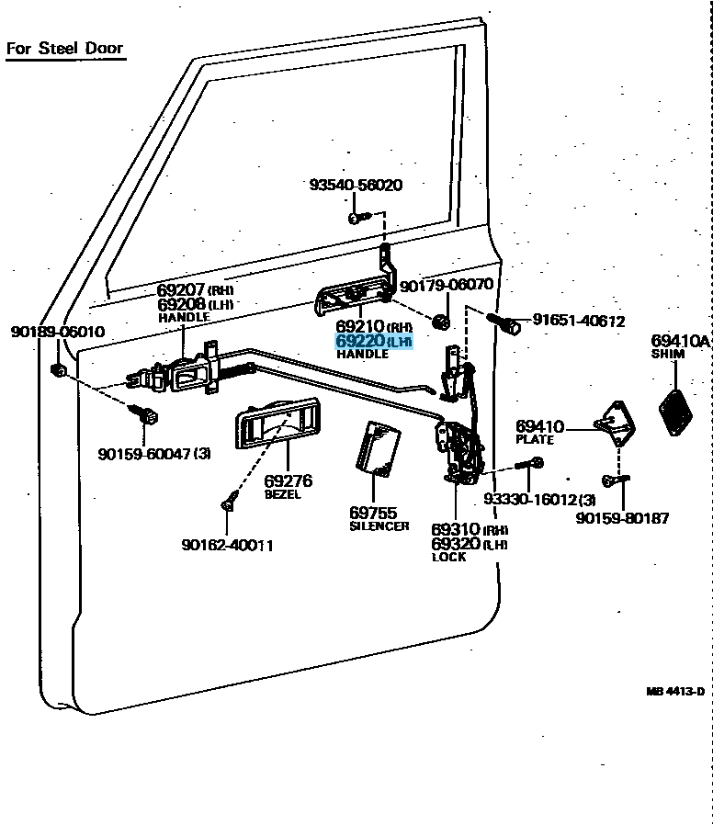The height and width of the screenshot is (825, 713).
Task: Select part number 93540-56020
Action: [x=355, y=185]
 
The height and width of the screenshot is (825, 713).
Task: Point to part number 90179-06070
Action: [x=447, y=286]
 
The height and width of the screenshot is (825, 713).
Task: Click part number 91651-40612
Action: [x=579, y=322]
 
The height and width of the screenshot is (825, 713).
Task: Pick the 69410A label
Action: [x=681, y=341]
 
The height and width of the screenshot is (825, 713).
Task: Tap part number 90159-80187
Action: [x=622, y=518]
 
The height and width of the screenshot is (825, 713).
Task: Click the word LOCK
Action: [x=448, y=557]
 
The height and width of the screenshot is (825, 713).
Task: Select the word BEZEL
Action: [x=283, y=494]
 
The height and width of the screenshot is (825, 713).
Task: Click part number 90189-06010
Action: [x=57, y=332]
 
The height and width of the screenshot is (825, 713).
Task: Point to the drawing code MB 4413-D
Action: [x=674, y=692]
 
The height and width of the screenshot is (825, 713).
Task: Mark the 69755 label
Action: [x=373, y=512]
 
